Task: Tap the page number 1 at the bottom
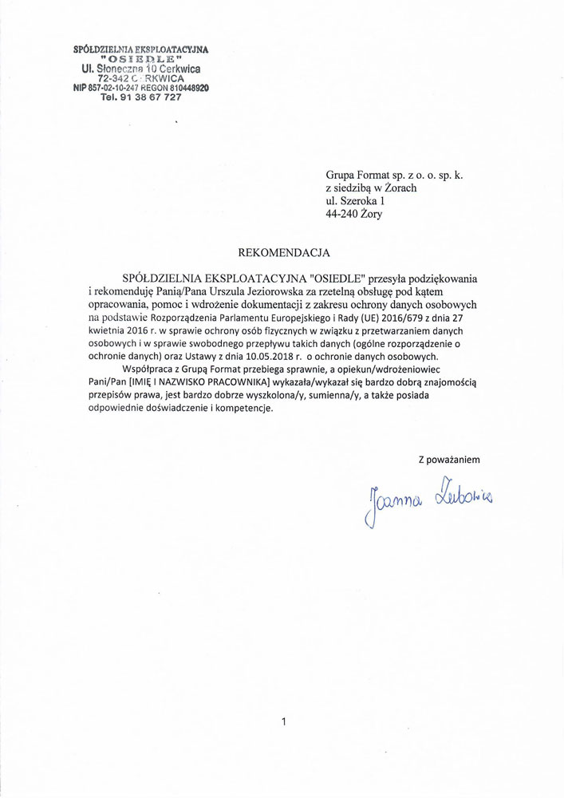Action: point(283,722)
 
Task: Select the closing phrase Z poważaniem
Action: point(449,459)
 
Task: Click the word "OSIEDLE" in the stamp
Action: point(140,59)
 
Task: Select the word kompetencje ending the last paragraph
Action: point(239,408)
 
